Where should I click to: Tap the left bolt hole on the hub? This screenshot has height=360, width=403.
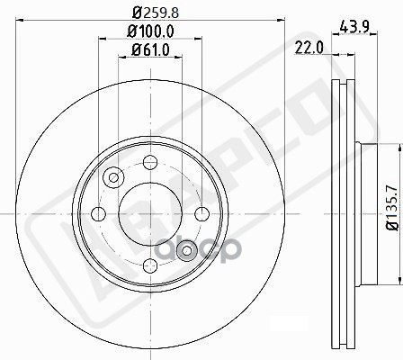[x=97, y=214]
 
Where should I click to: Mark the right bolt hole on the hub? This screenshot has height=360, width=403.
[x=202, y=214]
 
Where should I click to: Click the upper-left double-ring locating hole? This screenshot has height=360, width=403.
[x=112, y=177]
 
